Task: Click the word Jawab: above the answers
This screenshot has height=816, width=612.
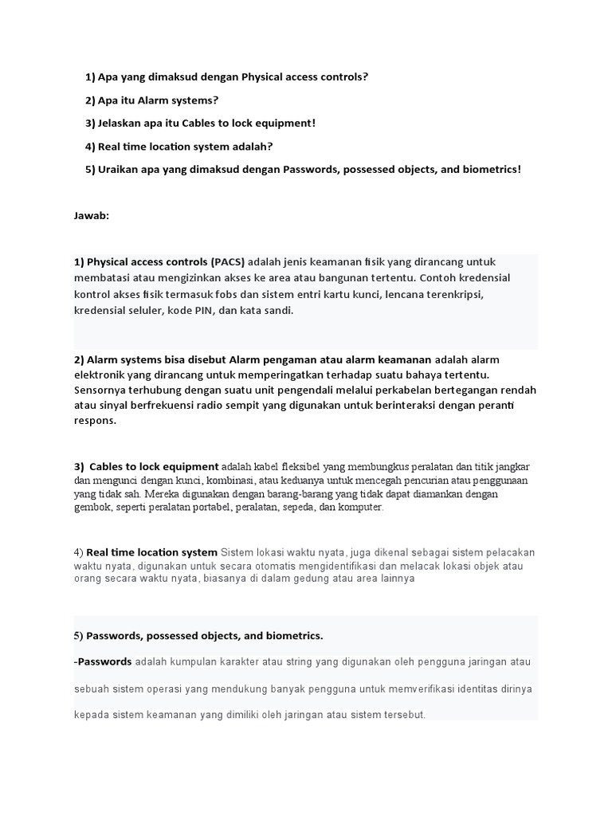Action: click(x=92, y=215)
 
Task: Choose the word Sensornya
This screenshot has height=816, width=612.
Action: click(x=100, y=390)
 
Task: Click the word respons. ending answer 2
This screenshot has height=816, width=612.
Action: click(x=95, y=422)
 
